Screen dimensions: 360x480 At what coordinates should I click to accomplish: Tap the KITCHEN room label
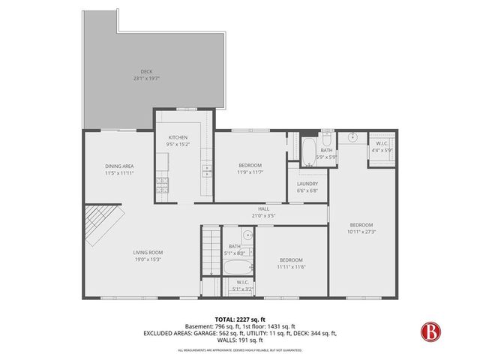178,138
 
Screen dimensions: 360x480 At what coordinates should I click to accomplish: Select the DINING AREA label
119,166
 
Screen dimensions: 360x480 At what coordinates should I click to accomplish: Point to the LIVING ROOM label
148,252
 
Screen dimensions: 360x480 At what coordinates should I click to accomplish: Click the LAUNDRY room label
307,184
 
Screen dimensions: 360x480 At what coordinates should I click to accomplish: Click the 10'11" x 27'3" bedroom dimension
361,232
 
